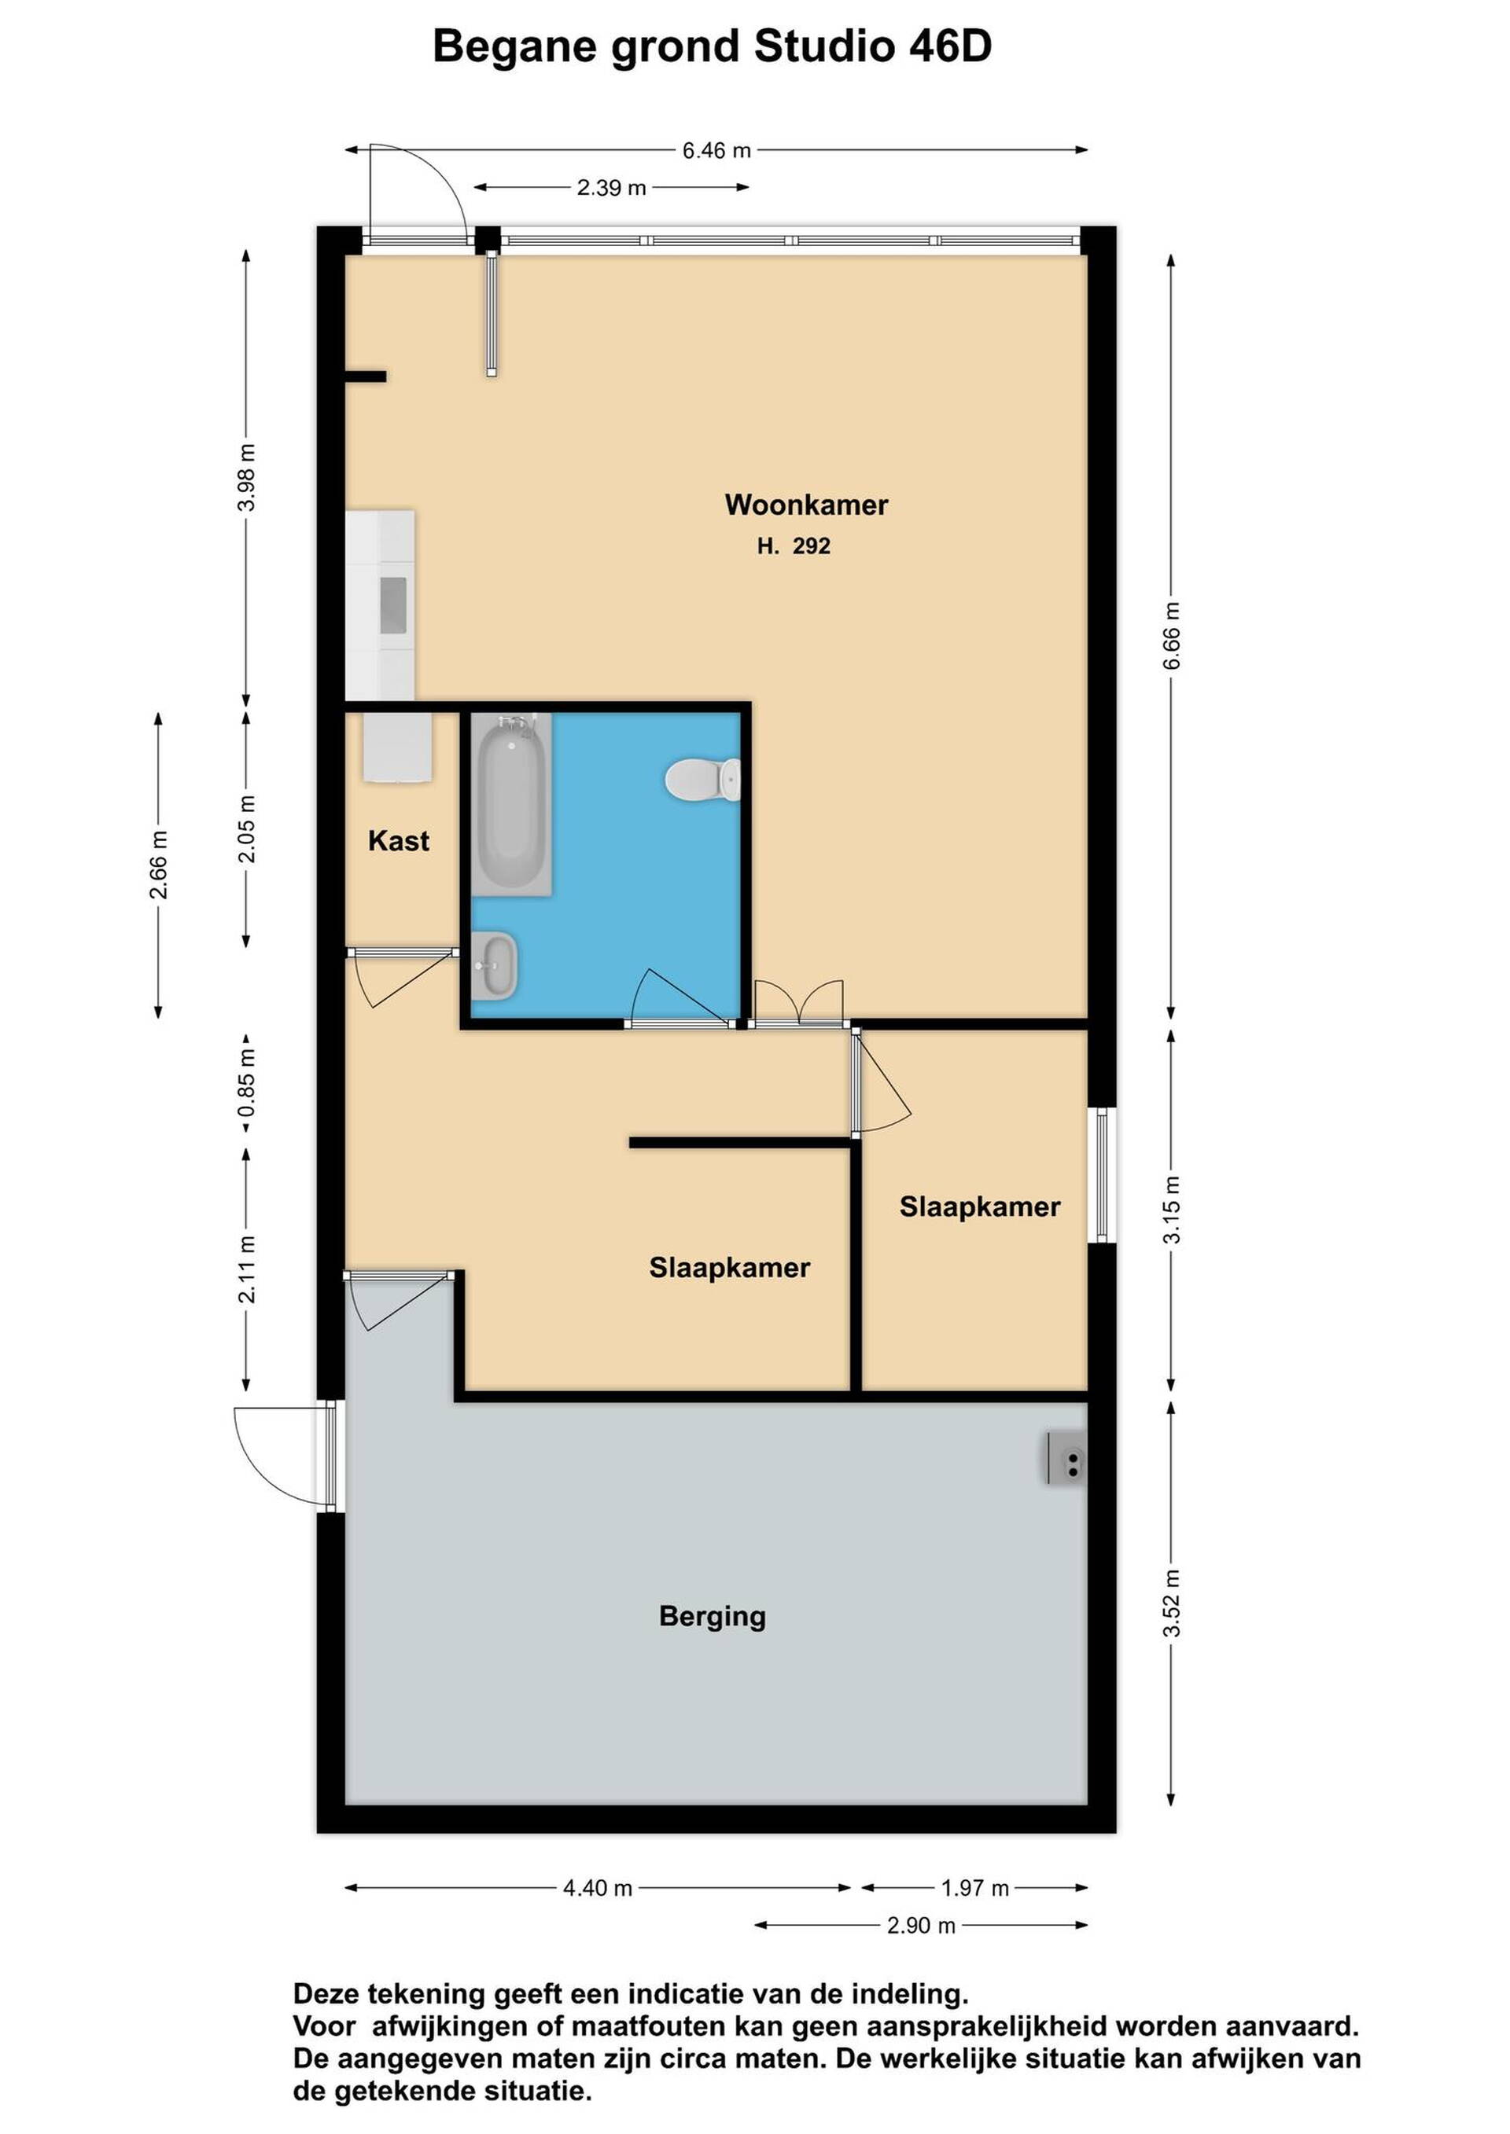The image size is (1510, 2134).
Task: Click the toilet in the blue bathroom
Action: click(x=703, y=779)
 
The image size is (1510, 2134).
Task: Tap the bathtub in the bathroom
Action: click(x=510, y=804)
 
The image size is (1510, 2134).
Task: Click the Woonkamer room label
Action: click(x=806, y=505)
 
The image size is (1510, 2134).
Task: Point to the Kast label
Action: click(x=399, y=841)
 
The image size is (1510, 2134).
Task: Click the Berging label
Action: click(x=713, y=1616)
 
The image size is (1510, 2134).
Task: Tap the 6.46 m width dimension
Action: click(x=716, y=151)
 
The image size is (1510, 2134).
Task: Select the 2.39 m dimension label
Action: click(x=611, y=188)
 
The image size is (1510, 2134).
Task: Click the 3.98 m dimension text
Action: click(x=246, y=478)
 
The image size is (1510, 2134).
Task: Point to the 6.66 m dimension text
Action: click(x=1172, y=636)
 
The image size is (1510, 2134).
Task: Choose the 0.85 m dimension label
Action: click(x=246, y=1084)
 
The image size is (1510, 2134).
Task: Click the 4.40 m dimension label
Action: click(x=598, y=1889)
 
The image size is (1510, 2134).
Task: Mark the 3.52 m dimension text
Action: click(x=1172, y=1604)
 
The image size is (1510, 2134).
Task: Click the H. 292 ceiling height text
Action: click(x=793, y=546)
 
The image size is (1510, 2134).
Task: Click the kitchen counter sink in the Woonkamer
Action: click(x=393, y=604)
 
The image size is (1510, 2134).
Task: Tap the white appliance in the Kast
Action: click(x=399, y=747)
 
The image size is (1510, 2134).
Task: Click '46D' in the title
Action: click(x=950, y=46)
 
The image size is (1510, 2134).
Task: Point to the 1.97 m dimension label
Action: click(x=974, y=1889)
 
